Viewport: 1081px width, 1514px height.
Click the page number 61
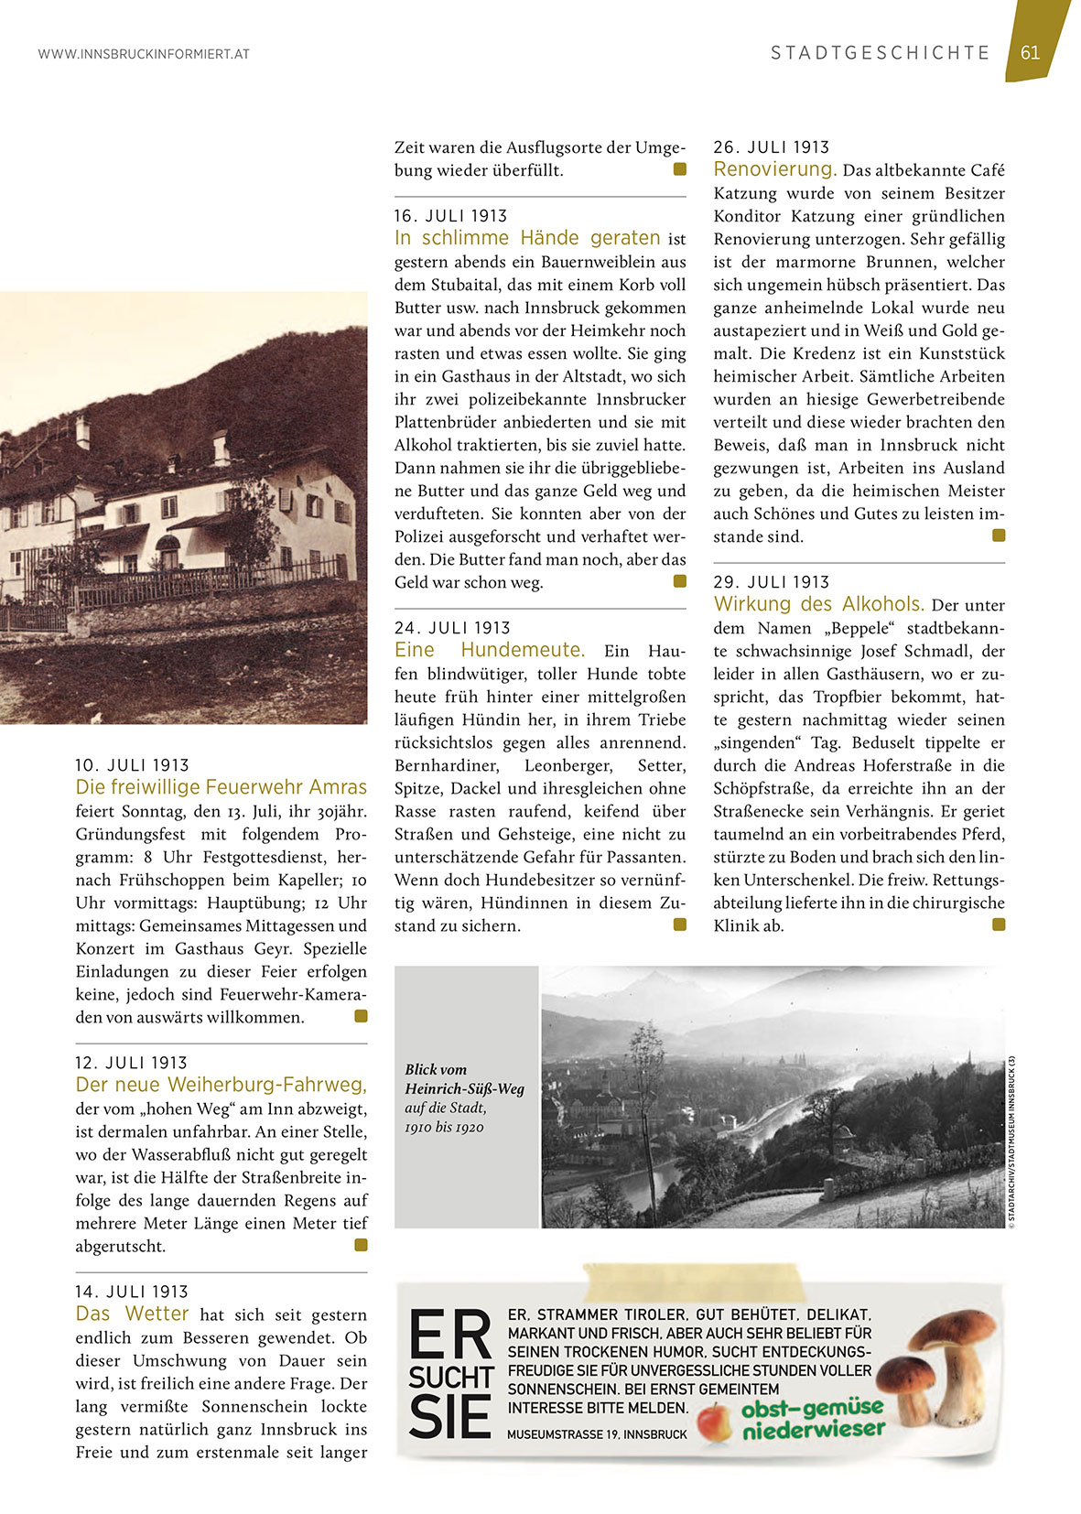1030,52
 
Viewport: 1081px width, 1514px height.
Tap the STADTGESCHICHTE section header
880,53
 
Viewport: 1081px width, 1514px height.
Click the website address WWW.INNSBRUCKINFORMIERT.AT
144,54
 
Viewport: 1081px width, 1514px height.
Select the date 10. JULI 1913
132,765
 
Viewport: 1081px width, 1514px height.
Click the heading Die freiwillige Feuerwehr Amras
221,787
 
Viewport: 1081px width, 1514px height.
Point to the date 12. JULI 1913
131,1063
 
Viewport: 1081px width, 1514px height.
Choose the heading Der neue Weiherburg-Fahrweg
221,1085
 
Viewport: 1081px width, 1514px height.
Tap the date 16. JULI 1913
450,216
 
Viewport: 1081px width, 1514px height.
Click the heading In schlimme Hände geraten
527,238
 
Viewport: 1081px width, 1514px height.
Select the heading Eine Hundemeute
489,650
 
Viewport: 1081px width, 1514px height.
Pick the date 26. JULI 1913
771,147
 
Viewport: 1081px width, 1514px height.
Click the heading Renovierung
775,169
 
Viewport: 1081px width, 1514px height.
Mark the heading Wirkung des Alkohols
818,604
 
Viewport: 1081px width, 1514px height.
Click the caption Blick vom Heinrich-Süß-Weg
464,1079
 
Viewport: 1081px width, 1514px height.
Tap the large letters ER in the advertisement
450,1336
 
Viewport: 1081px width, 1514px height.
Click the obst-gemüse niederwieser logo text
813,1418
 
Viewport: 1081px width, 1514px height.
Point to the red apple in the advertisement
715,1422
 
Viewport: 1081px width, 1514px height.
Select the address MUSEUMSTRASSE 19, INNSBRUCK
597,1434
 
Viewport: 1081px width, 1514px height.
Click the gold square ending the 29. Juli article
999,925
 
